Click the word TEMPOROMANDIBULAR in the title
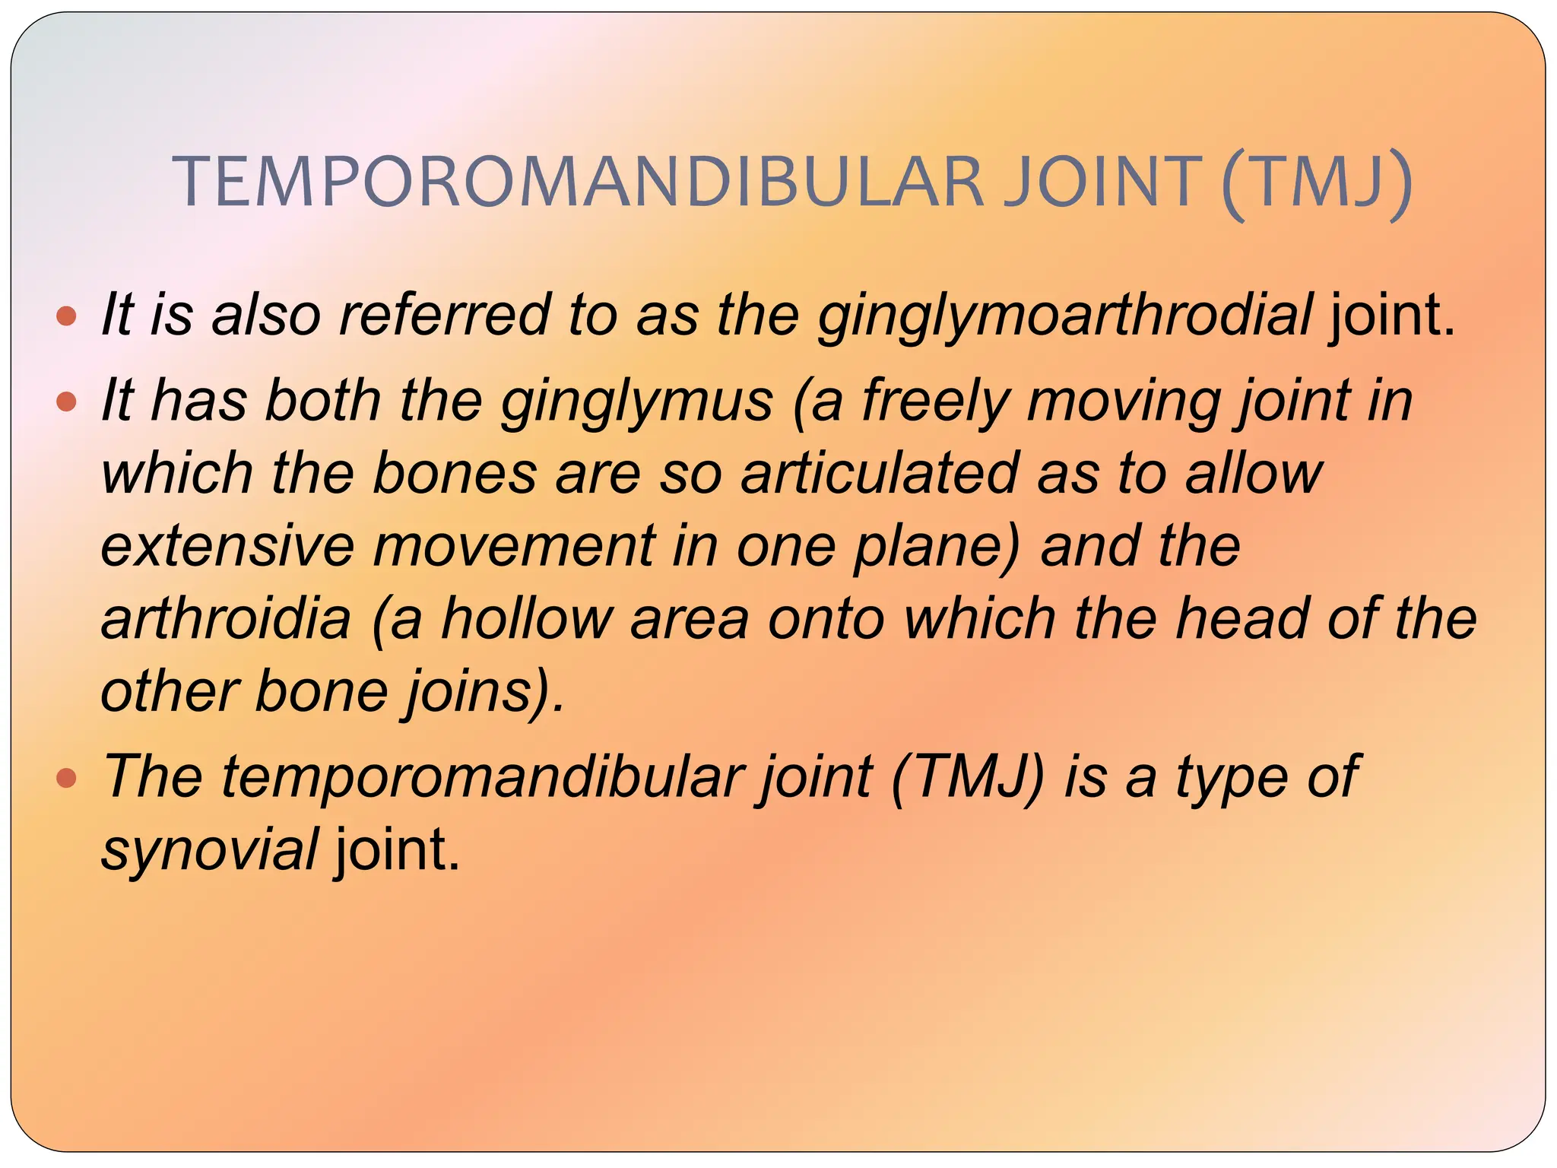[x=578, y=182]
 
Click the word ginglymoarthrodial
[x=1064, y=316]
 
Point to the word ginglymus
[x=637, y=401]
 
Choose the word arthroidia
[x=226, y=617]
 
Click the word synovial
[x=210, y=850]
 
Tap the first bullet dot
[x=67, y=316]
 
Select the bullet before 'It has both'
[x=67, y=401]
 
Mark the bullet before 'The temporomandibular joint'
[x=67, y=777]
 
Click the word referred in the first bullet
[x=444, y=315]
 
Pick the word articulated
[x=880, y=473]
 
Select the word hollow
[x=527, y=617]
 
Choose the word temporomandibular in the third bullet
[x=482, y=777]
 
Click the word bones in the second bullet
[x=455, y=473]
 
